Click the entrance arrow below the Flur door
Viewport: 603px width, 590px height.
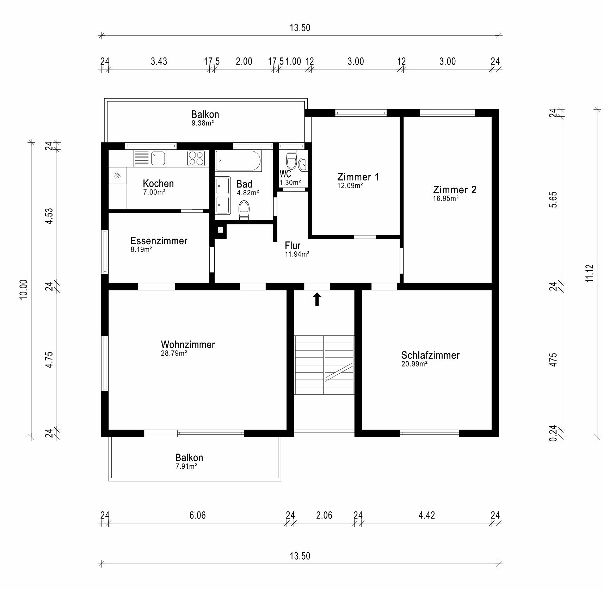click(x=317, y=299)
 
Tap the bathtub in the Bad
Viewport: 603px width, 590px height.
click(x=238, y=161)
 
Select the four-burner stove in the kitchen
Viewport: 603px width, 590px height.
click(x=196, y=158)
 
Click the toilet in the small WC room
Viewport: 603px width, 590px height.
click(x=291, y=160)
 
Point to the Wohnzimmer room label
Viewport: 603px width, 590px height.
click(x=188, y=344)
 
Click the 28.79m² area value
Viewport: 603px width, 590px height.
click(x=174, y=353)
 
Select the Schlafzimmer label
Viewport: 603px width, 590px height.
click(x=430, y=355)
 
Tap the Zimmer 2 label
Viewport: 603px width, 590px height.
click(x=455, y=190)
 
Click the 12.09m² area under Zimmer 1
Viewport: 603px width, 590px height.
click(x=350, y=185)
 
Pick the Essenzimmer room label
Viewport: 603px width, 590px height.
click(x=159, y=241)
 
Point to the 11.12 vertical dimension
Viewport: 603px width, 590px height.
click(x=590, y=273)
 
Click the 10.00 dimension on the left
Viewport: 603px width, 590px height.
click(x=23, y=289)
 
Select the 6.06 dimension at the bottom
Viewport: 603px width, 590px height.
click(x=197, y=515)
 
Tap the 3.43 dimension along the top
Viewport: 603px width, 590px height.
click(x=159, y=61)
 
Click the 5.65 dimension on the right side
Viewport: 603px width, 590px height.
click(x=553, y=199)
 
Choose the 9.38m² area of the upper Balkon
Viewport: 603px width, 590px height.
click(x=203, y=123)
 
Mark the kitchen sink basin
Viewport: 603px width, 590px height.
click(x=158, y=158)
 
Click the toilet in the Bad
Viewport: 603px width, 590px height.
click(x=244, y=210)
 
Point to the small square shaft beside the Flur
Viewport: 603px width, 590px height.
click(x=220, y=230)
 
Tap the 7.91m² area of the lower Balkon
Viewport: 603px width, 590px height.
click(x=186, y=466)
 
